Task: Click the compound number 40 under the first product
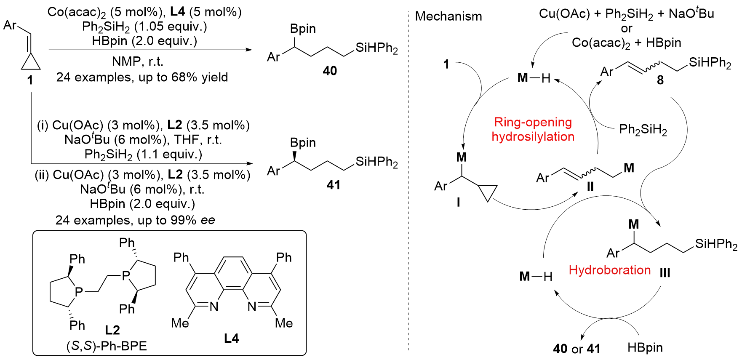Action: click(330, 71)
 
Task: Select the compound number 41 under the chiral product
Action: click(334, 185)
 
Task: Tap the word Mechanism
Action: click(448, 16)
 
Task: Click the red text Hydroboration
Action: click(609, 270)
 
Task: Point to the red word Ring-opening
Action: click(533, 122)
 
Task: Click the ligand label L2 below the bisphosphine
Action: click(112, 330)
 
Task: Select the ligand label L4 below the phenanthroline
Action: click(231, 339)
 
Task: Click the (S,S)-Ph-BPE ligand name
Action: click(107, 346)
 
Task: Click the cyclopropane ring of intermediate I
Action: click(488, 192)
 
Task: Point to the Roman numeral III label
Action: click(665, 273)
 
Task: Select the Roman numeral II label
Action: click(590, 187)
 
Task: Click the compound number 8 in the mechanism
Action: click(660, 80)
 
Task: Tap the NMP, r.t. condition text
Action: click(137, 62)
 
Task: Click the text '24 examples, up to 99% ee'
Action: click(135, 220)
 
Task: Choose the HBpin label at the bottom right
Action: click(645, 348)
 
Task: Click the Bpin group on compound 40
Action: click(303, 29)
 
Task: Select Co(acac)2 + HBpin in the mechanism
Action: click(626, 43)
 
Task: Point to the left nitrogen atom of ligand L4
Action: click(214, 307)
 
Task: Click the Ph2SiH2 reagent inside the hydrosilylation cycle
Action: click(643, 130)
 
